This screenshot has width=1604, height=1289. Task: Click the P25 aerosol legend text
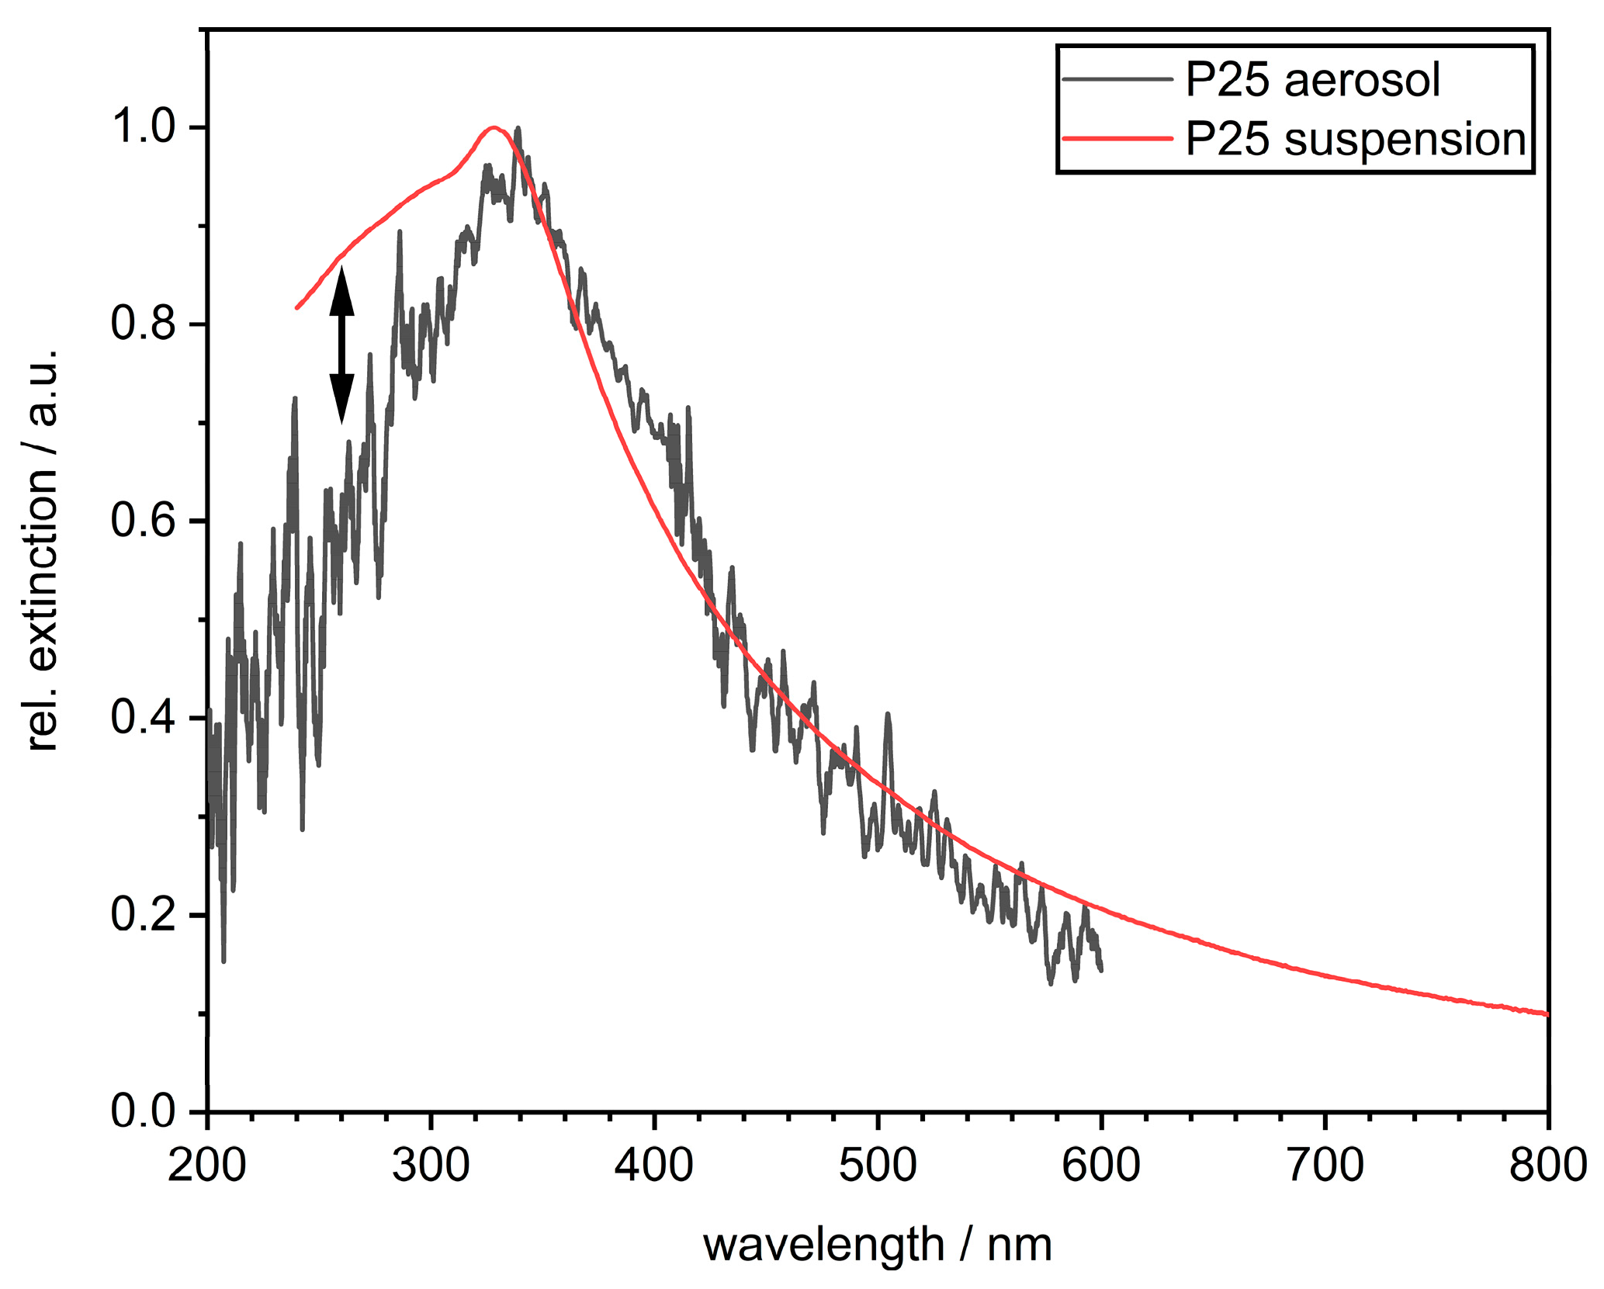point(1312,80)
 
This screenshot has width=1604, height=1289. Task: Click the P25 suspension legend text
point(1355,140)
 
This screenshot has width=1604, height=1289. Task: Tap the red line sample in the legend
point(1117,139)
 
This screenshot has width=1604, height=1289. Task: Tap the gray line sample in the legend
point(1117,78)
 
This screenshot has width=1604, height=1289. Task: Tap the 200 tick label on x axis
point(207,1165)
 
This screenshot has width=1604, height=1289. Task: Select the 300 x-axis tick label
point(431,1165)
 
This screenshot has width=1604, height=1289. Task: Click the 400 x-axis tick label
point(654,1165)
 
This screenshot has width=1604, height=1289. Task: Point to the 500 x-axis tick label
point(878,1165)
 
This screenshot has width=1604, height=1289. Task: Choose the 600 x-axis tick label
point(1101,1165)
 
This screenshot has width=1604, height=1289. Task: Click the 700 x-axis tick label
point(1325,1165)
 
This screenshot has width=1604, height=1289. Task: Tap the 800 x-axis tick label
point(1547,1165)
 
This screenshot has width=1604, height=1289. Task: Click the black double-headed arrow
point(341,345)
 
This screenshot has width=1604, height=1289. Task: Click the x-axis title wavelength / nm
point(877,1245)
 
